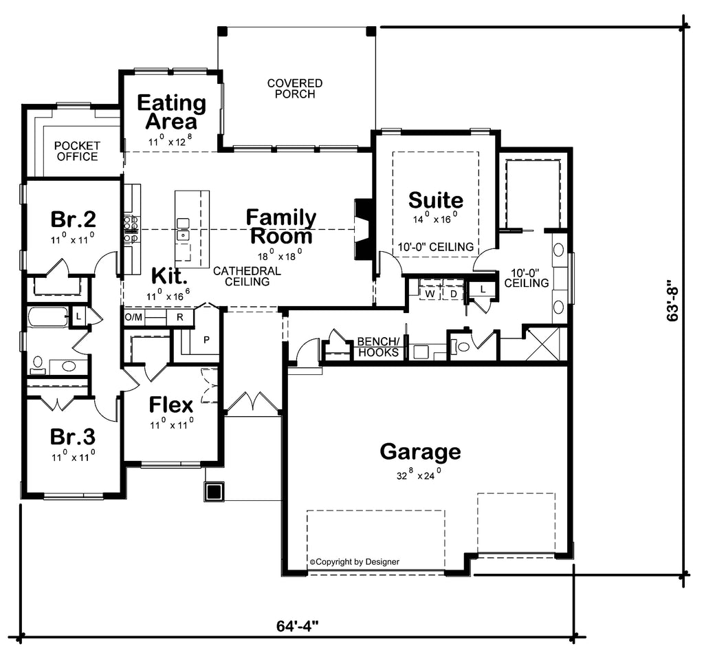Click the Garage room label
(420, 452)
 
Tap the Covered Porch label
(294, 89)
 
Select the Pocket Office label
(77, 151)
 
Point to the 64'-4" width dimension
(297, 626)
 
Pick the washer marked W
(430, 294)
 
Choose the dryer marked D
(454, 294)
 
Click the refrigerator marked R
(179, 317)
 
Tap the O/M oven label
(133, 317)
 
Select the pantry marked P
(206, 340)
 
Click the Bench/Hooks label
(378, 347)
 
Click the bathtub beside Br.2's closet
(47, 317)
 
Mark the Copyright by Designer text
(354, 562)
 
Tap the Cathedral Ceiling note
(247, 277)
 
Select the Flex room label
(170, 405)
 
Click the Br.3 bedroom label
(72, 436)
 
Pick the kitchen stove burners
(131, 228)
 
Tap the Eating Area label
(171, 112)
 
